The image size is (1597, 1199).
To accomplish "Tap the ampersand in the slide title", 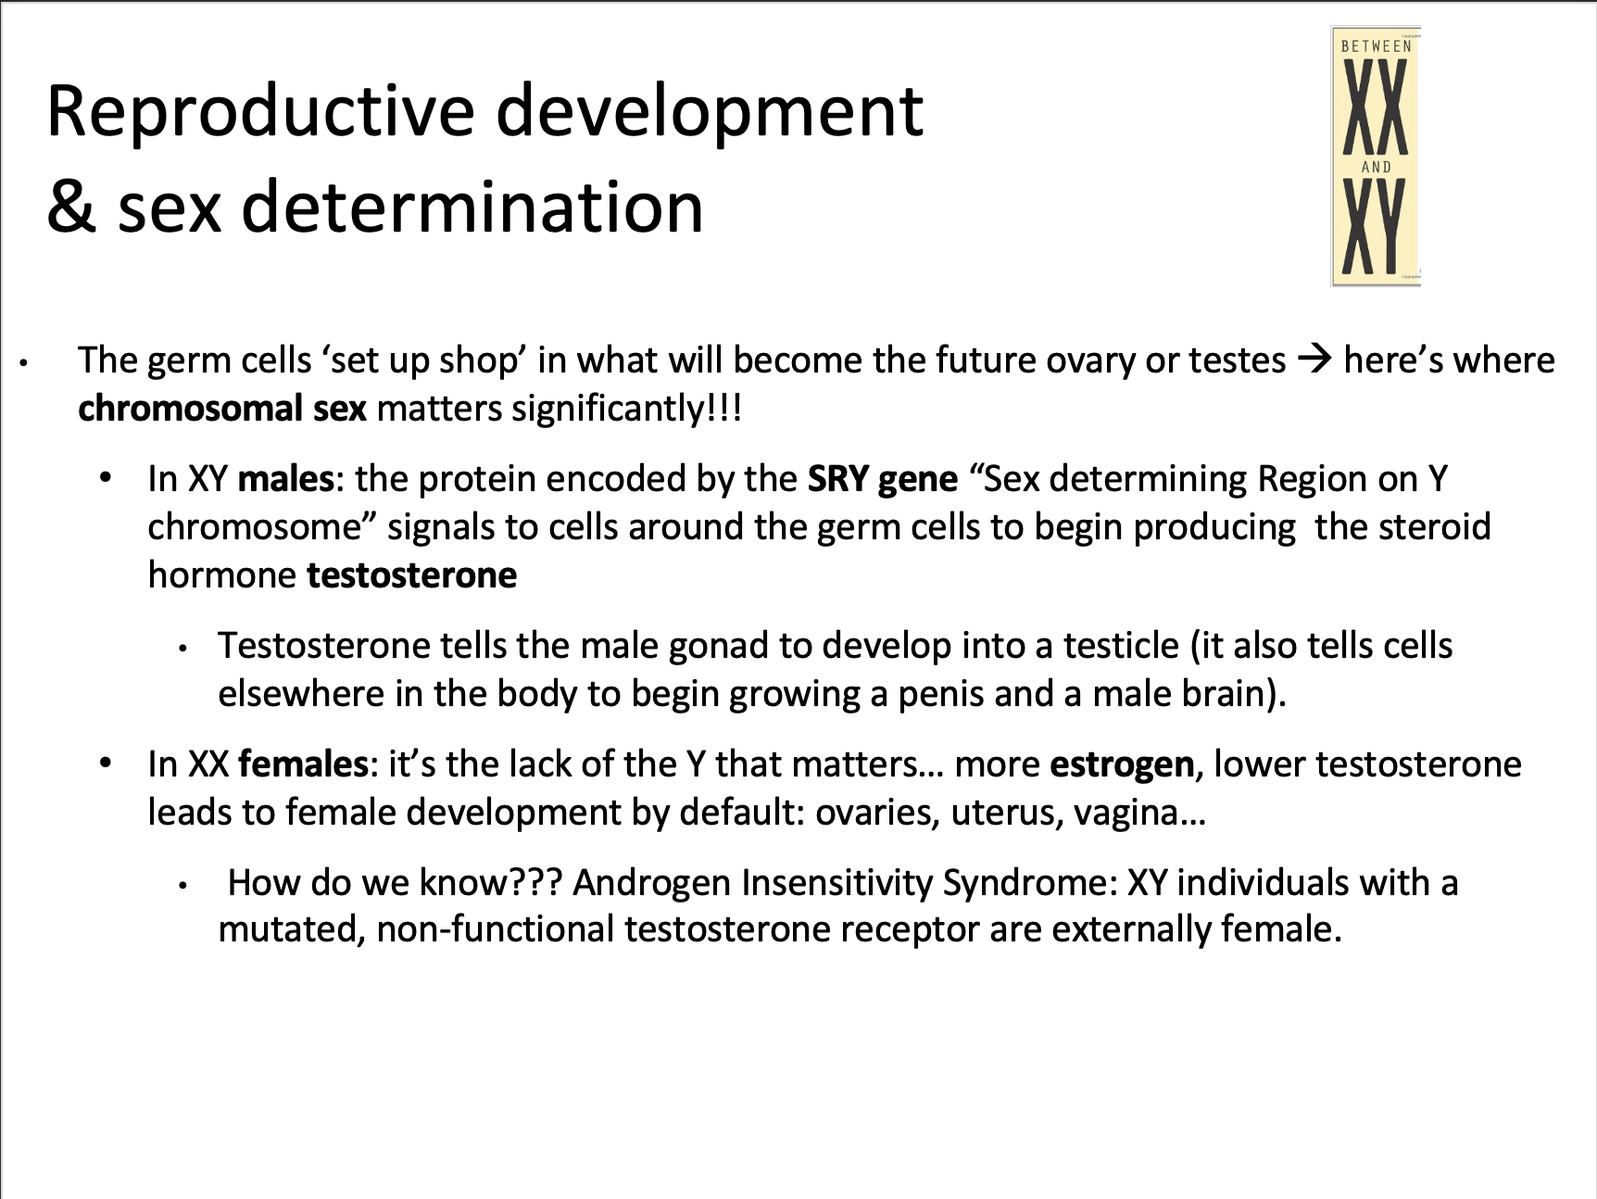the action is click(x=72, y=206).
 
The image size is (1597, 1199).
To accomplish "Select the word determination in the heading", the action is click(x=472, y=206).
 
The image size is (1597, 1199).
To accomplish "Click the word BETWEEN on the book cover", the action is click(x=1377, y=46).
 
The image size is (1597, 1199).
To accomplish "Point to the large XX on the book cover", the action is click(x=1376, y=107).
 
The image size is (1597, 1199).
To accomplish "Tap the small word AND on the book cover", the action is click(x=1377, y=168).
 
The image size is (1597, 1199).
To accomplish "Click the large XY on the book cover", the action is click(x=1375, y=226).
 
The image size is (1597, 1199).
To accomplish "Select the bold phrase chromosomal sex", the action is click(x=222, y=409).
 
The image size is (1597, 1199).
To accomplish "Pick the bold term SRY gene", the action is click(x=883, y=480).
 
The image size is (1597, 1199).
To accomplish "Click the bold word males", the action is click(x=285, y=479).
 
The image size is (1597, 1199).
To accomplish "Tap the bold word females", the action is click(x=303, y=764).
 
